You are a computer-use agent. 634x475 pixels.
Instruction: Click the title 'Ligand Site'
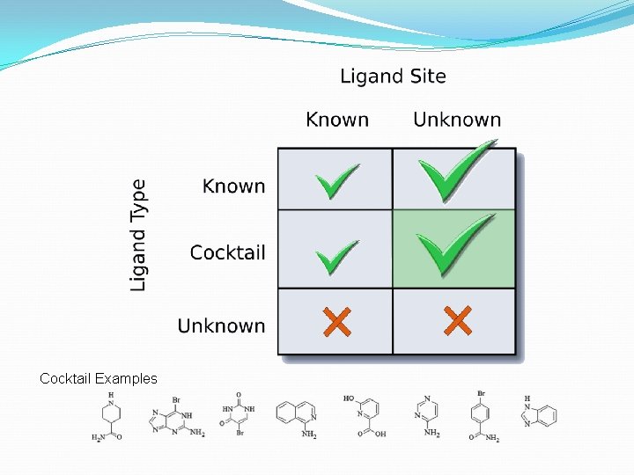(x=393, y=77)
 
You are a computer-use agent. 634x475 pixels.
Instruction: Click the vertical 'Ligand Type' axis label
(x=139, y=235)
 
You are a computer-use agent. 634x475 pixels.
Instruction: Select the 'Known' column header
(x=337, y=120)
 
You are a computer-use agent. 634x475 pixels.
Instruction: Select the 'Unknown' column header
(x=456, y=120)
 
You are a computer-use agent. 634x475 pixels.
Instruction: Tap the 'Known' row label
(x=233, y=186)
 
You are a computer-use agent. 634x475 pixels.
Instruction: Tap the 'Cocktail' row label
(x=227, y=252)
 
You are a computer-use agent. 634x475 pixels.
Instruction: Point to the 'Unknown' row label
(x=221, y=325)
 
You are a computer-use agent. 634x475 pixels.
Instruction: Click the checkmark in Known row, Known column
(x=337, y=180)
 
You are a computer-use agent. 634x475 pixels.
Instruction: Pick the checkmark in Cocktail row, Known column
(x=337, y=257)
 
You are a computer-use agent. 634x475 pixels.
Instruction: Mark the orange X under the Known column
(x=336, y=321)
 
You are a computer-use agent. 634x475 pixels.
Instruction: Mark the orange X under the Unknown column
(x=457, y=321)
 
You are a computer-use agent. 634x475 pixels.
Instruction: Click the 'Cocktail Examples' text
(x=99, y=379)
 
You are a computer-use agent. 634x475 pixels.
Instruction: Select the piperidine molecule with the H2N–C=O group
(x=110, y=416)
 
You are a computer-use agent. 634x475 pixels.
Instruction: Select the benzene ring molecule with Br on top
(x=481, y=415)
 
